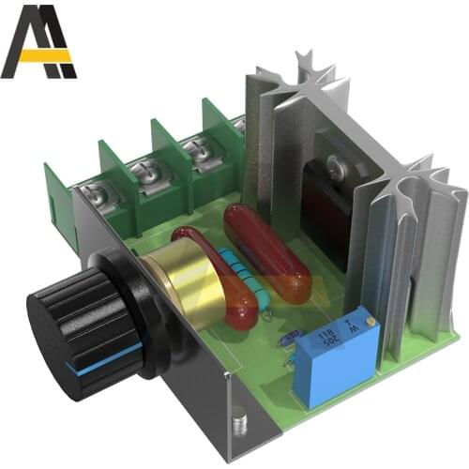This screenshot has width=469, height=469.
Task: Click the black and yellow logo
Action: coord(38,41)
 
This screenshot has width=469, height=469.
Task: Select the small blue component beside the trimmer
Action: coord(294,335)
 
